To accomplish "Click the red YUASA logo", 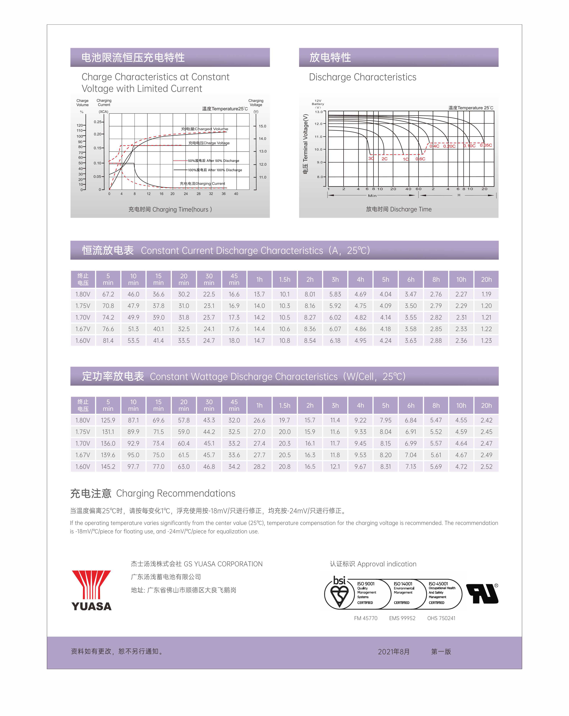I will [91, 590].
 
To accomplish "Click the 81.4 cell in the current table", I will [108, 340].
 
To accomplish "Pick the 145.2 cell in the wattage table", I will [108, 467].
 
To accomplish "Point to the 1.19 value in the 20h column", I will [486, 294].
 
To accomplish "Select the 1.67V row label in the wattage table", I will [83, 455].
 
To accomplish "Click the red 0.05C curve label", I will [486, 145].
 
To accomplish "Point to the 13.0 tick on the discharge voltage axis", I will [319, 112].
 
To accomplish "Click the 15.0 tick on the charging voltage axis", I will [262, 126].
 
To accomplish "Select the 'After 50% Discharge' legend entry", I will [213, 161].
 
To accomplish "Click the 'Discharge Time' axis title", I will [399, 209].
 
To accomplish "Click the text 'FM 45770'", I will [365, 618].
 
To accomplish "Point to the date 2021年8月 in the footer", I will [394, 652].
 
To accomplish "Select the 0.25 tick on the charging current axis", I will [98, 122].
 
